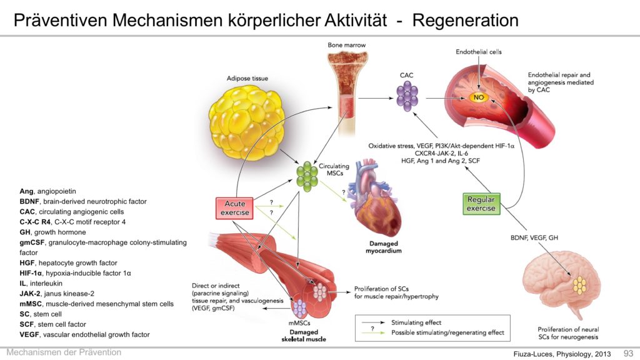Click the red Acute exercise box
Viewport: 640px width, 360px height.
pyautogui.click(x=234, y=208)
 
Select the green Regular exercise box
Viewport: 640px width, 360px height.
pyautogui.click(x=481, y=204)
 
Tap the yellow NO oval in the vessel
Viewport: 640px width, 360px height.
pyautogui.click(x=478, y=97)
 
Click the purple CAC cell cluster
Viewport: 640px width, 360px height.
pyautogui.click(x=407, y=96)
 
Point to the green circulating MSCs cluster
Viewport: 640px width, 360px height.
pyautogui.click(x=307, y=176)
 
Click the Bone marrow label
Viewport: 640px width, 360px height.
pyautogui.click(x=346, y=45)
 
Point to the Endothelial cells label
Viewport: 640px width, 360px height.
pyautogui.click(x=478, y=52)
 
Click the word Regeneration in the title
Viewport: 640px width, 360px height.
pyautogui.click(x=465, y=20)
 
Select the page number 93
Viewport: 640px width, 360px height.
pyautogui.click(x=628, y=353)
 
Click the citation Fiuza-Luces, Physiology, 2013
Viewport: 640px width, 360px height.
pyautogui.click(x=562, y=354)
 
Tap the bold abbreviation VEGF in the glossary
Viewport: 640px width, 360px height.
pyautogui.click(x=28, y=335)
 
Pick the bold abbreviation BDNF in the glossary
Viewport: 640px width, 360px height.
pyautogui.click(x=29, y=202)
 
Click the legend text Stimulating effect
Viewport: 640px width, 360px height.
pyautogui.click(x=416, y=322)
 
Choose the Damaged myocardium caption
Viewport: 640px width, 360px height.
pyautogui.click(x=383, y=247)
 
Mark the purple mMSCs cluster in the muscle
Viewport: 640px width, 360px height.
pyautogui.click(x=299, y=308)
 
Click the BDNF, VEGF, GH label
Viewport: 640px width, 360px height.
pyautogui.click(x=534, y=237)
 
